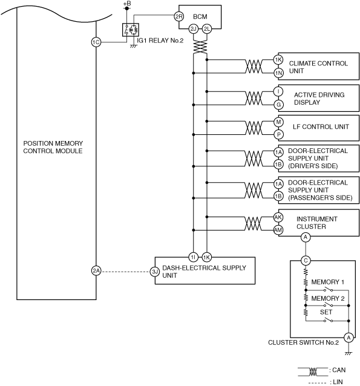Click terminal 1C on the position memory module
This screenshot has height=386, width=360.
[96, 42]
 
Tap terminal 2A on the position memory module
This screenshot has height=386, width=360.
[96, 271]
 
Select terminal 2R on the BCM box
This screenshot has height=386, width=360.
[178, 16]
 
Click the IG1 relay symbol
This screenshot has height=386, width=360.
[131, 30]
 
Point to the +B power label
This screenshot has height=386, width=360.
[127, 4]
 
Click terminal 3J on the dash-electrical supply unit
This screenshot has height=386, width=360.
[155, 272]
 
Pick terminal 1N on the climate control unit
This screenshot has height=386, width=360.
[278, 73]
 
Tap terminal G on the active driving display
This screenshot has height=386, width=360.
[278, 105]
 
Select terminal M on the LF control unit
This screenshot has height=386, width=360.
[278, 122]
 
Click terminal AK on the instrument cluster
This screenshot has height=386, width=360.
[278, 217]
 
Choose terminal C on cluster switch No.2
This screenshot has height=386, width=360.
[306, 260]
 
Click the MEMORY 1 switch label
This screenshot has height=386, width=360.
[327, 282]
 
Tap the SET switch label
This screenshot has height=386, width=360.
[326, 312]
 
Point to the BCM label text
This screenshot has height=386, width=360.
[200, 16]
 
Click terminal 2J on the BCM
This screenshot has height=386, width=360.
[193, 29]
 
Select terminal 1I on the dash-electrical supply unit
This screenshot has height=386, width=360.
[193, 257]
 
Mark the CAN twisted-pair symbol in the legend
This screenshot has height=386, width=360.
[313, 371]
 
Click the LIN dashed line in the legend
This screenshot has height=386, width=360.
[317, 382]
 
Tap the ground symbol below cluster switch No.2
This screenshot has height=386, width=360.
[349, 353]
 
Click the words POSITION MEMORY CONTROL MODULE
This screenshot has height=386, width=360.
[53, 147]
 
